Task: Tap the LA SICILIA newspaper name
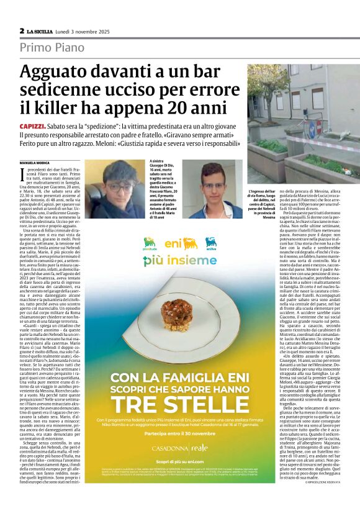(x=42, y=30)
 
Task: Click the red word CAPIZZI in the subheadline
(x=32, y=127)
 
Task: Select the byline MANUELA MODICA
(x=35, y=163)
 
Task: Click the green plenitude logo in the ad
(x=150, y=243)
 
